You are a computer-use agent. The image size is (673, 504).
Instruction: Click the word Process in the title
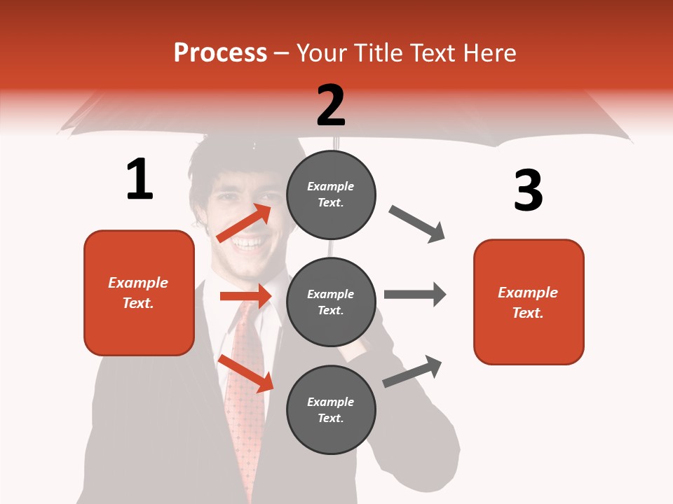tap(220, 53)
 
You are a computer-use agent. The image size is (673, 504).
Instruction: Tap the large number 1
tap(140, 180)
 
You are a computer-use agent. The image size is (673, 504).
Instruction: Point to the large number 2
tap(331, 106)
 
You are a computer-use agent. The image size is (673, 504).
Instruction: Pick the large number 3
tap(528, 191)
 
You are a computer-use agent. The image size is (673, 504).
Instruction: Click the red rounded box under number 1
tap(139, 293)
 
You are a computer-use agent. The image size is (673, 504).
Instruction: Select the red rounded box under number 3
tap(529, 302)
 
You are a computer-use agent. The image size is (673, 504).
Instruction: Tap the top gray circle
tap(331, 194)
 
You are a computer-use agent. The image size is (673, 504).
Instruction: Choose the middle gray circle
tap(331, 302)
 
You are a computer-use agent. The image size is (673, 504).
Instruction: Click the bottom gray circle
tap(331, 409)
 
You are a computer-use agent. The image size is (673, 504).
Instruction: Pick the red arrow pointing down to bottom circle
tap(246, 372)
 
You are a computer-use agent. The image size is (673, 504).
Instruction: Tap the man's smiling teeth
tap(249, 244)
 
